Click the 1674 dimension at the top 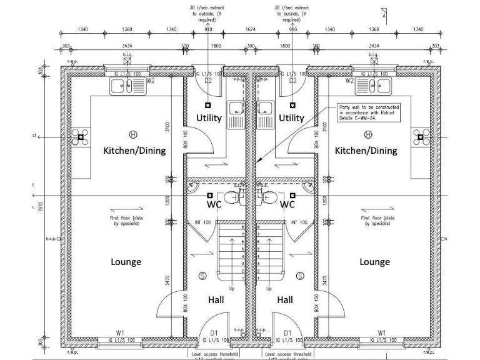coord(251,29)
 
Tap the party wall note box coord(369,112)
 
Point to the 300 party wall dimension coord(251,46)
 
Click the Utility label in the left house coord(209,118)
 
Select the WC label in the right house coord(287,204)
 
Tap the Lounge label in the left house coord(126,262)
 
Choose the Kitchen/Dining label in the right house coord(366,151)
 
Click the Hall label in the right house coord(285,300)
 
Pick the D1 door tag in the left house coord(214,332)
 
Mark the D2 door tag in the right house coord(291,81)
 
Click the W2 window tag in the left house coord(150,81)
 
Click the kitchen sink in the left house coord(127,86)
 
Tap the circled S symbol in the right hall coord(300,276)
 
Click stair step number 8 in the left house coord(242,229)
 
